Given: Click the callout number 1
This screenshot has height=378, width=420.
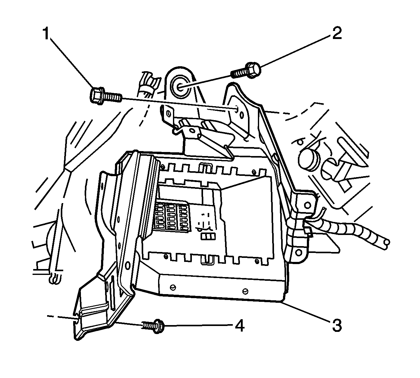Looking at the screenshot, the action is tap(46, 33).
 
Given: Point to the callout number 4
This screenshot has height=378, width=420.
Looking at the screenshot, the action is tap(239, 326).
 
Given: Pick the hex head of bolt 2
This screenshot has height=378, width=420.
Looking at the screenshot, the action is tap(254, 70).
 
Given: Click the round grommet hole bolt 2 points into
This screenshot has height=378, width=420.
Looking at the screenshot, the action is tap(180, 86).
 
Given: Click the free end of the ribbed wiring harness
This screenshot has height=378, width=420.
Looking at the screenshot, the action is tap(386, 243).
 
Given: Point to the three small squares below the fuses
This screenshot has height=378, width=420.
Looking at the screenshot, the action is tap(208, 237).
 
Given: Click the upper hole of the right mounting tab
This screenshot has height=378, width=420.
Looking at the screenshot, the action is tap(307, 205).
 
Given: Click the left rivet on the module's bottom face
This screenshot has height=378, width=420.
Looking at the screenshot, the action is tap(173, 288).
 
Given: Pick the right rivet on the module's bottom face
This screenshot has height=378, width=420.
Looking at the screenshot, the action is tap(246, 291).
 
